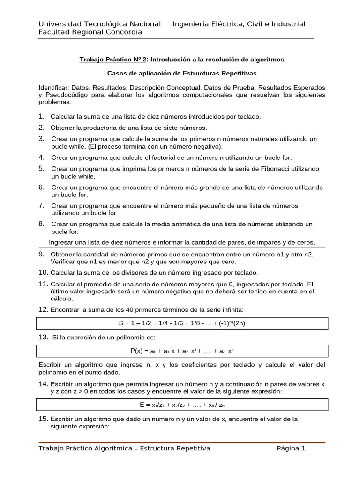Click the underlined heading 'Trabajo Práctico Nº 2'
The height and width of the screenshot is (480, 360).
113,60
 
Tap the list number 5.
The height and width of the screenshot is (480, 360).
42,168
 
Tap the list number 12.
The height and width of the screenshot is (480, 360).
44,310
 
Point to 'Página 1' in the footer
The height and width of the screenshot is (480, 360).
291,449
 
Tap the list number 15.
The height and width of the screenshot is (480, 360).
44,419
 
